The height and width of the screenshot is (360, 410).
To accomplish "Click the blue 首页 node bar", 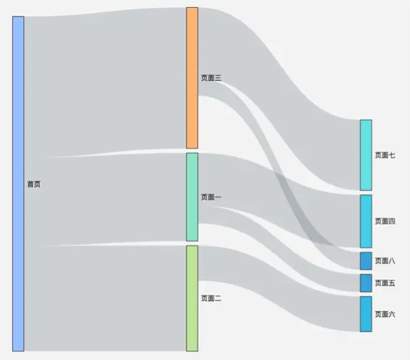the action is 18,184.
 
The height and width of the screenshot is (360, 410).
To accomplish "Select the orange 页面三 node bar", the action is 192,78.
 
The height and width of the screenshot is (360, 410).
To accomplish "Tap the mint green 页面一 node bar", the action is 192,197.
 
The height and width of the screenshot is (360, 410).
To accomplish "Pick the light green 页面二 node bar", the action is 192,298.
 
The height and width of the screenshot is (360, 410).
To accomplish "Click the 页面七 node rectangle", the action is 366,155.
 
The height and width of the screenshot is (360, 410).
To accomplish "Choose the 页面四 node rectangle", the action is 366,222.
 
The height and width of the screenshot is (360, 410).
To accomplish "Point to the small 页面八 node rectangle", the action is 366,261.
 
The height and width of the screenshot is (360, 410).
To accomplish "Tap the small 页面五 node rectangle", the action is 366,283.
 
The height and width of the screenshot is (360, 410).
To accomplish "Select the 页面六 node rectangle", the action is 366,314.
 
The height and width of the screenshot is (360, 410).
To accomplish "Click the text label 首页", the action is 34,184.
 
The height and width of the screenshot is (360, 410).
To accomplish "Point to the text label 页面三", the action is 211,78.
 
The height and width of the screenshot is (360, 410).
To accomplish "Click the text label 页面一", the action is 211,197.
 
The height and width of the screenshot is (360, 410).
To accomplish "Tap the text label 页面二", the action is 211,298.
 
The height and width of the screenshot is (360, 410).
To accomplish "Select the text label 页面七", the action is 385,155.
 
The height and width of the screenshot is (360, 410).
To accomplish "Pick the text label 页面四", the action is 385,222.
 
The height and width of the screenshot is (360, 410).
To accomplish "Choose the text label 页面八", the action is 385,261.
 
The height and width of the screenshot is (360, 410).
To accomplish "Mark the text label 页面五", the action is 385,283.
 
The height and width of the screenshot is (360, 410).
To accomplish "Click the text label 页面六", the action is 385,314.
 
